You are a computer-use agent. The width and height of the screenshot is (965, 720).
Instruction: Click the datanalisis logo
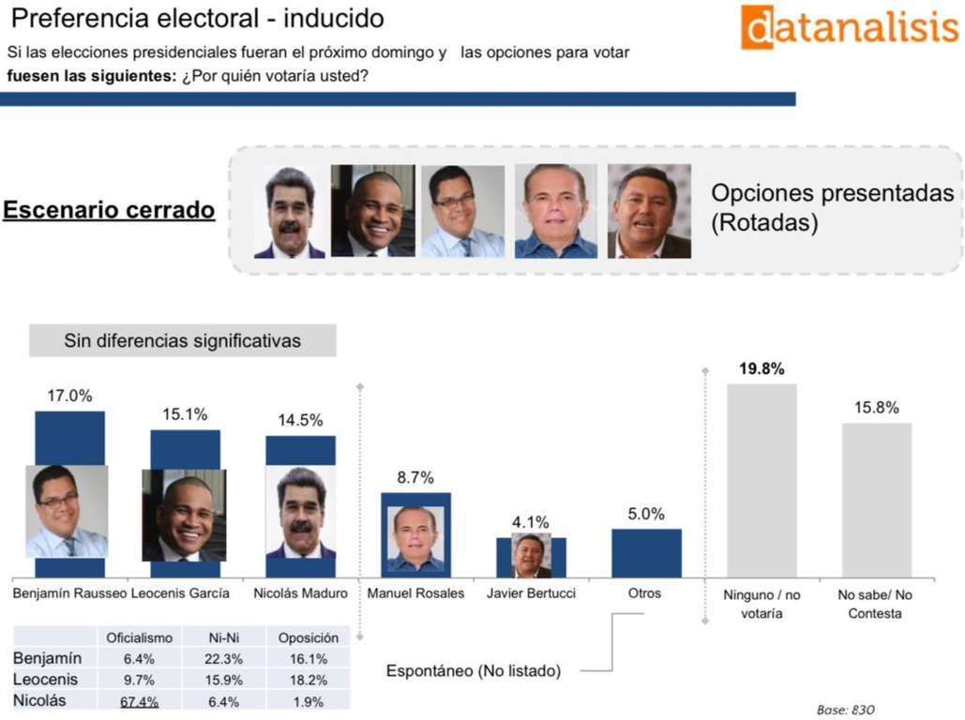[849, 27]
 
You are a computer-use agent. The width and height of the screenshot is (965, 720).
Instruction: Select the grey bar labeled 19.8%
[761, 480]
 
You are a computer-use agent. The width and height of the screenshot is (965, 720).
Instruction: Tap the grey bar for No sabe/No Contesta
[876, 500]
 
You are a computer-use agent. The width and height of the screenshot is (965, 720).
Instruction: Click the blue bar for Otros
[646, 553]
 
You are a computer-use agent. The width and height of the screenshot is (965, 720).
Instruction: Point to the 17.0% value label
[70, 396]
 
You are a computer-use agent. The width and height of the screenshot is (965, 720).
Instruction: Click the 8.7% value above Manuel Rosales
[415, 477]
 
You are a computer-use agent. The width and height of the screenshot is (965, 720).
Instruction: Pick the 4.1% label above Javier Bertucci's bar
[531, 522]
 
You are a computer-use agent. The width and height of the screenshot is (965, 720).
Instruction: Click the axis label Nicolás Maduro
[300, 593]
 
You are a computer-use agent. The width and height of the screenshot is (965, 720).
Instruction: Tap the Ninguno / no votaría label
[761, 604]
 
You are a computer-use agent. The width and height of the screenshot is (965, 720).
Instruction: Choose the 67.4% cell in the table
[139, 701]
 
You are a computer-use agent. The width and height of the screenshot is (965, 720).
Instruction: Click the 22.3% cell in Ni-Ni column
[219, 659]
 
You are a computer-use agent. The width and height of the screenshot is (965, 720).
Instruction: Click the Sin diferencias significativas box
[182, 340]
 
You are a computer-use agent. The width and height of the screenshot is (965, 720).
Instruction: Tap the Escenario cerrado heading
[109, 210]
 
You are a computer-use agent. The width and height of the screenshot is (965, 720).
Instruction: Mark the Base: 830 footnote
[845, 710]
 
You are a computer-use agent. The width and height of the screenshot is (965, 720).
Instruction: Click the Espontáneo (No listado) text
[474, 671]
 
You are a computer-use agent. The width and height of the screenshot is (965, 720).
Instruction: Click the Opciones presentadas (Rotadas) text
[833, 208]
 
